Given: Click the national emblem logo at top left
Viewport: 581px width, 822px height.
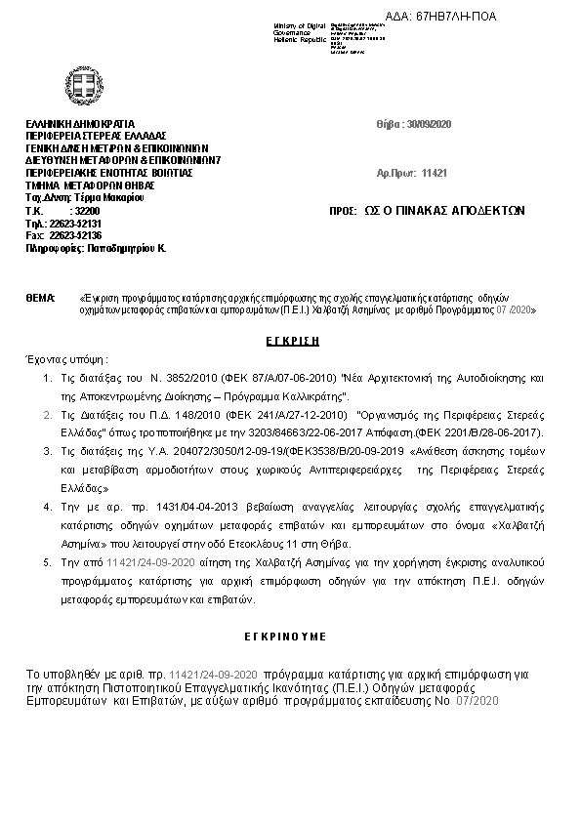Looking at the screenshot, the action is pos(79,82).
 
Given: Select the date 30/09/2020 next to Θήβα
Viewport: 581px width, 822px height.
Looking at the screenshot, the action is pos(431,124).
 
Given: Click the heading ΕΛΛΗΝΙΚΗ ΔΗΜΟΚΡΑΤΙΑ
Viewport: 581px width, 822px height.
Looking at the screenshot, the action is pos(73,124).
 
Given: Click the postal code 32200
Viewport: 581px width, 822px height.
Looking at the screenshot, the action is pos(87,210).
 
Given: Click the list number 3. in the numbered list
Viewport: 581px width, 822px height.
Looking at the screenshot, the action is pos(48,451).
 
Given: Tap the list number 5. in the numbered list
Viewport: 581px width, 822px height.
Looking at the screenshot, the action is pos(48,563).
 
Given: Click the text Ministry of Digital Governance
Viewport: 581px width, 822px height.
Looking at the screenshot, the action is pos(297,29).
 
